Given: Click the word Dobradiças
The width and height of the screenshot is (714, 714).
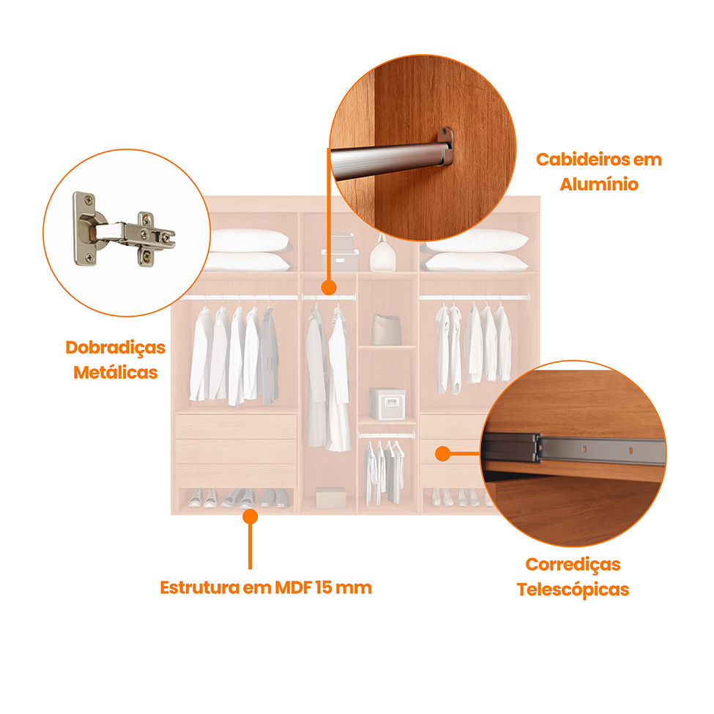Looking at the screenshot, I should pos(116,347).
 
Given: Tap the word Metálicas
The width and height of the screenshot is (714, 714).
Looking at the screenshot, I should pos(116,372).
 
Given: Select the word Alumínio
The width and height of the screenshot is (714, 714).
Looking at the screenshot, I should pos(599,184).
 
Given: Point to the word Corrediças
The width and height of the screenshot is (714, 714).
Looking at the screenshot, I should pos(573,564).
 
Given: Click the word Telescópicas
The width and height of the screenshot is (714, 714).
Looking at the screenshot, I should pos(573,589).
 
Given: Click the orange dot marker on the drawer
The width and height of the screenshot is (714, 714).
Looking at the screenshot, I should pos(442,454).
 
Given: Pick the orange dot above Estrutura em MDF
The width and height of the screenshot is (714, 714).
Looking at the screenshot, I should pos(250,516).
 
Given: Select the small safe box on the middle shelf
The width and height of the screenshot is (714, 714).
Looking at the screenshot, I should pos(387,404).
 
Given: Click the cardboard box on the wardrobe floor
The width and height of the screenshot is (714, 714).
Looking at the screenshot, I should pos(330,497).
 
